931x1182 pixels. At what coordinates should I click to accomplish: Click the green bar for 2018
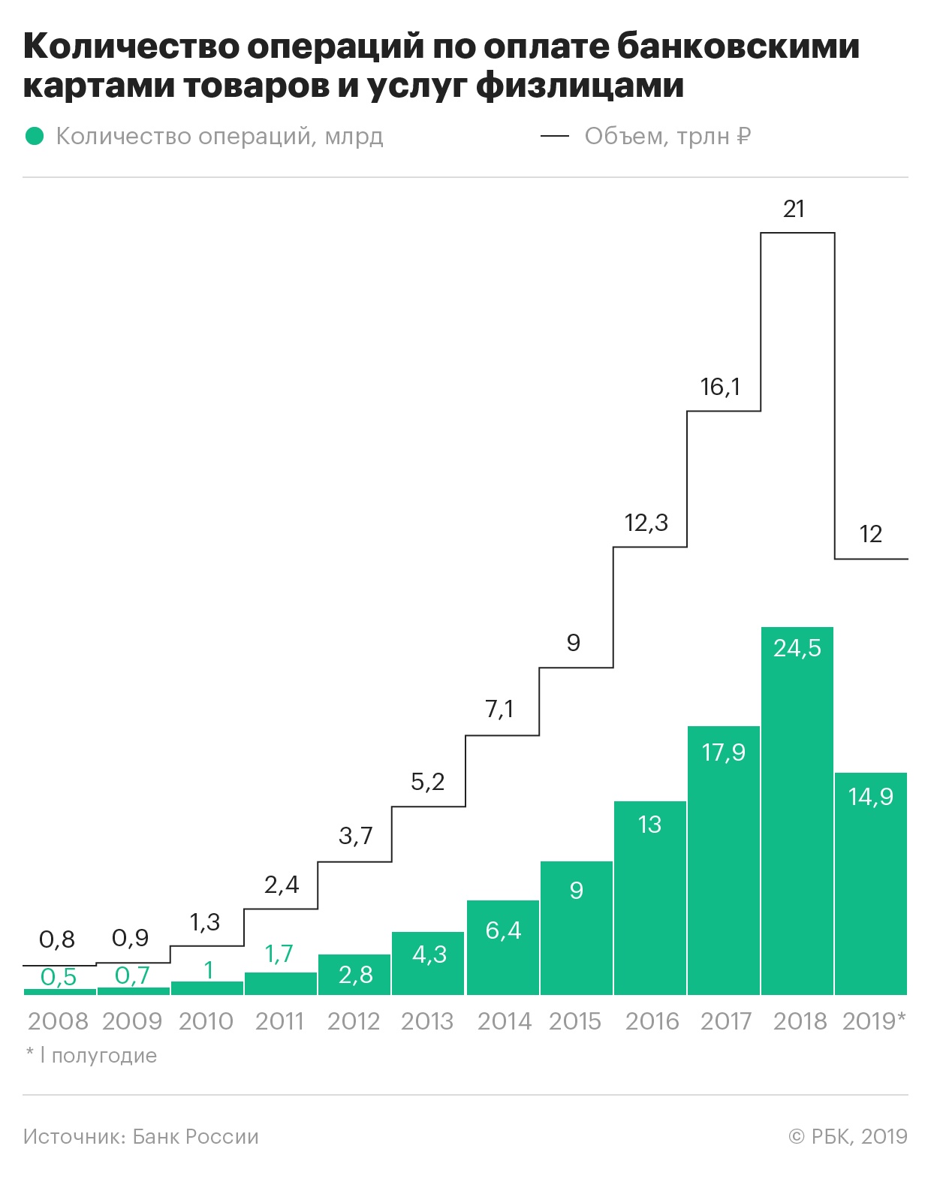click(797, 811)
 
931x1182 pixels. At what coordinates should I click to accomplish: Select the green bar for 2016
click(650, 898)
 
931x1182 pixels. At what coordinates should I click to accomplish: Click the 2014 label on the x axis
click(504, 1021)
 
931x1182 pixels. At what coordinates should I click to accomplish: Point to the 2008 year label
click(58, 1021)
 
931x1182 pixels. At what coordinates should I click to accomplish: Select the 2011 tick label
click(279, 1021)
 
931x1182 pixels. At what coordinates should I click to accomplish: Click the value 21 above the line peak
click(794, 209)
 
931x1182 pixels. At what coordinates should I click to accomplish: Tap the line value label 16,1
click(720, 387)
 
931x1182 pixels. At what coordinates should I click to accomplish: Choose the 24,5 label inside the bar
click(797, 648)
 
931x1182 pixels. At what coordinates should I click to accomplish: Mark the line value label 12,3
click(646, 523)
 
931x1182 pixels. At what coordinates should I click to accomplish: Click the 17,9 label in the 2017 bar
click(724, 752)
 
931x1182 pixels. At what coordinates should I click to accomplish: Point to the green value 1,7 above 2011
click(279, 954)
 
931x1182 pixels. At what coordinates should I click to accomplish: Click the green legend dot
click(35, 136)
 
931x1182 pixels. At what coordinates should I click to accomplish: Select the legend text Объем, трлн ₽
click(667, 136)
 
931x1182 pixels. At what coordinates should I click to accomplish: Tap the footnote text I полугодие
click(98, 1055)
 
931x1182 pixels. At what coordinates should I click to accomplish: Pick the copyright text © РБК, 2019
click(848, 1136)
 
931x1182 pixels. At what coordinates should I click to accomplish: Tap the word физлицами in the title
click(580, 86)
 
